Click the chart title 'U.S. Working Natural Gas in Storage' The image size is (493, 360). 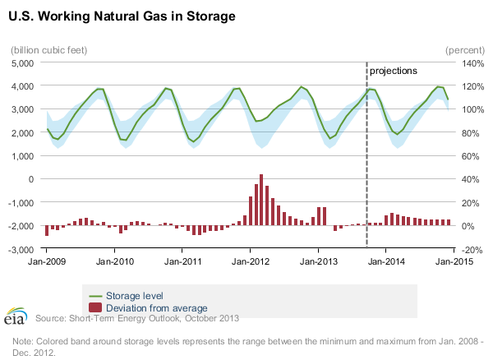(x=123, y=16)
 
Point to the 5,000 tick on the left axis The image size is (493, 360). (x=20, y=62)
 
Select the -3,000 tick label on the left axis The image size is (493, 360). (x=18, y=249)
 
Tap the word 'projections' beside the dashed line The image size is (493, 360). (x=393, y=71)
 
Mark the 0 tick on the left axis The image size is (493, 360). (x=29, y=178)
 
